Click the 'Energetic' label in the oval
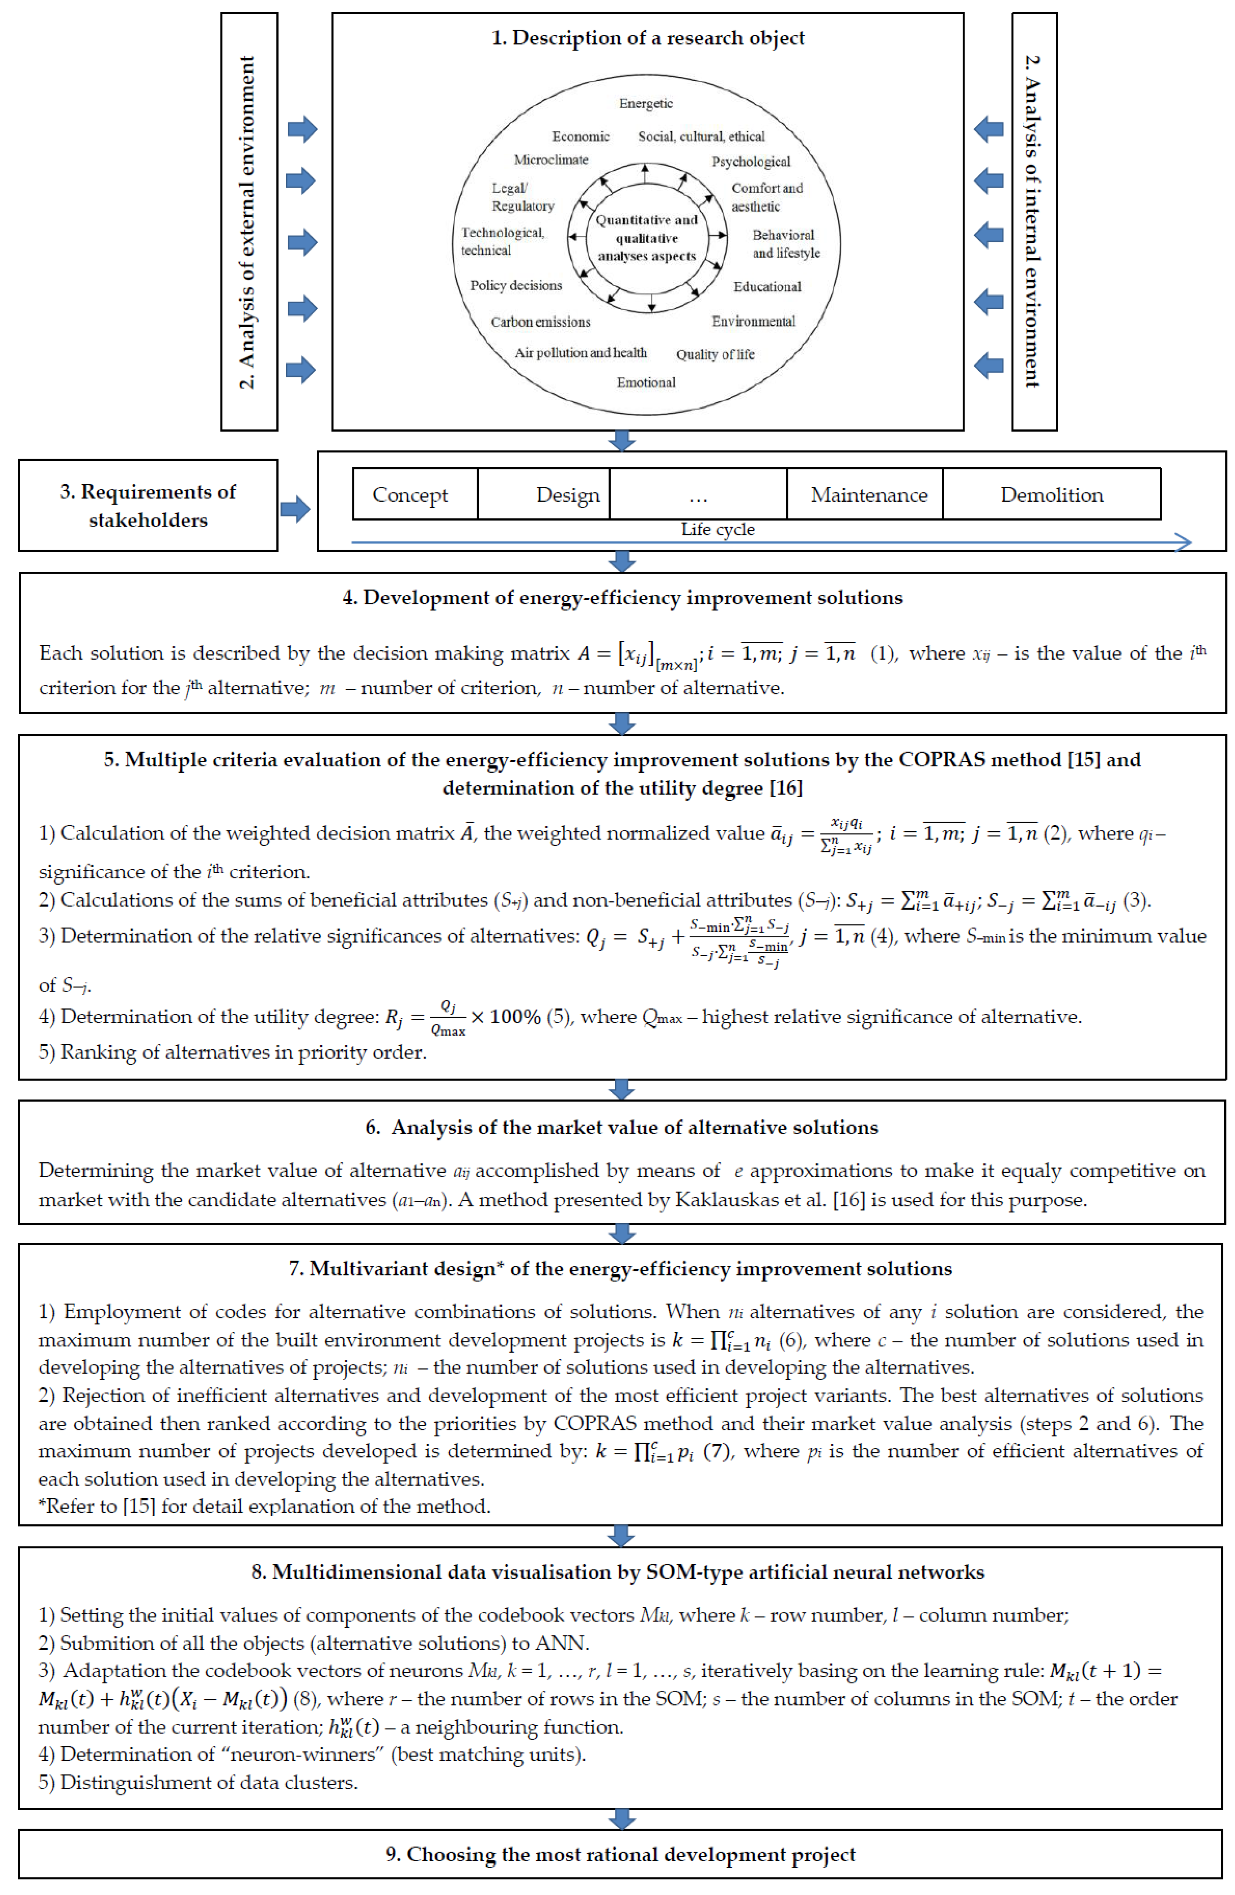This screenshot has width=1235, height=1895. tap(645, 103)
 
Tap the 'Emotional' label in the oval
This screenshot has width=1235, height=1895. tap(645, 382)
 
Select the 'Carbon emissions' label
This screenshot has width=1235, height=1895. tap(540, 322)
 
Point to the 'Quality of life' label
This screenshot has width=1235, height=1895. tap(715, 354)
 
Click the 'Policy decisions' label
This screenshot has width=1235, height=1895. tap(516, 285)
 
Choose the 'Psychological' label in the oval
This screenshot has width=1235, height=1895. tap(750, 162)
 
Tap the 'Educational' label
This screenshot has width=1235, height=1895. tap(766, 287)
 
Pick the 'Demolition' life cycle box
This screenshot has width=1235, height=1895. tap(1051, 495)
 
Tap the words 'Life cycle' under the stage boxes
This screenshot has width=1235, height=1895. tap(717, 529)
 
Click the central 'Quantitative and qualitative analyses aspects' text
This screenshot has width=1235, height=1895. tap(646, 237)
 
